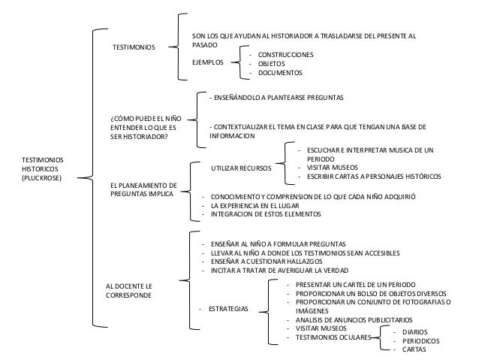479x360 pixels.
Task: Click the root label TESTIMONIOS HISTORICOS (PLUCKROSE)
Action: point(42,170)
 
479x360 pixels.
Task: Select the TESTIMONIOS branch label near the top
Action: point(134,47)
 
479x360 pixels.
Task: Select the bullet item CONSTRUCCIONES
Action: point(285,55)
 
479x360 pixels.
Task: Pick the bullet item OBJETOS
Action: point(272,64)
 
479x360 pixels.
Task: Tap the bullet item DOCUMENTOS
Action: point(279,73)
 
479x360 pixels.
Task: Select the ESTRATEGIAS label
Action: point(230,309)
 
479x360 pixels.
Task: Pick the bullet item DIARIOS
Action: point(415,331)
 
